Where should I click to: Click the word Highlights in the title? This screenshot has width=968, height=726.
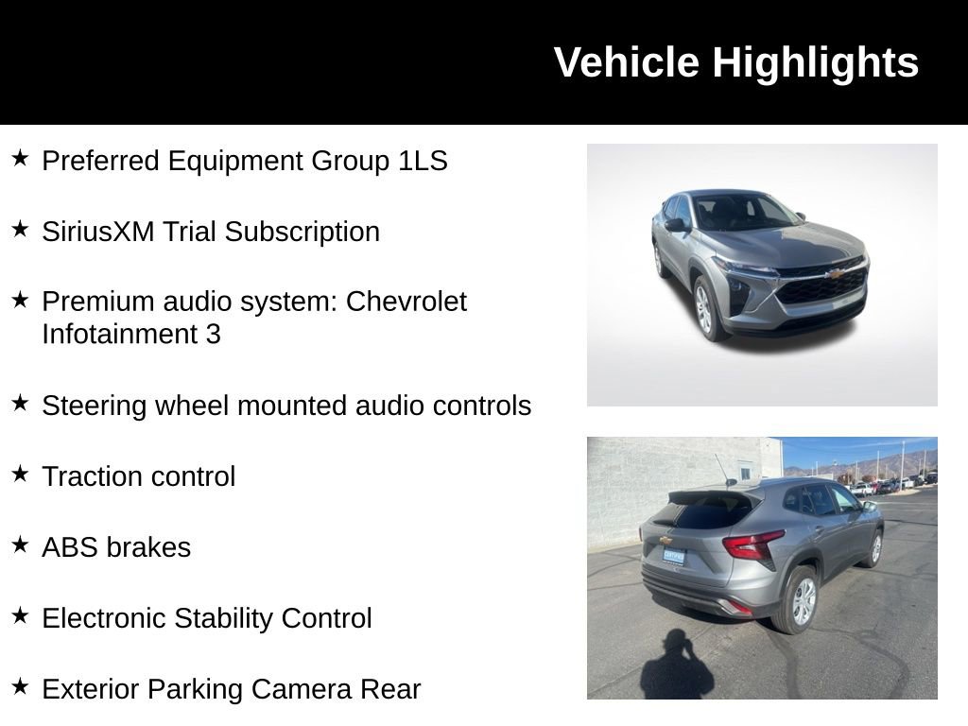pos(815,63)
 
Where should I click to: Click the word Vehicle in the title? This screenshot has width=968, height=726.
pos(627,62)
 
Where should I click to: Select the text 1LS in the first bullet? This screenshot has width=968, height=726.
pos(423,161)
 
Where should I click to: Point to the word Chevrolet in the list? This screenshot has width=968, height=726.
pos(406,302)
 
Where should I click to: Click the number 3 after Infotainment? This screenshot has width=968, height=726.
pos(213,335)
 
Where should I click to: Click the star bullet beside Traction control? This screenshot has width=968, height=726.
pos(20,474)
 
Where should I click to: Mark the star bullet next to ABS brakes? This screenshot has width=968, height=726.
pos(20,544)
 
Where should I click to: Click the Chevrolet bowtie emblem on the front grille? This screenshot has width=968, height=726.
pos(834,274)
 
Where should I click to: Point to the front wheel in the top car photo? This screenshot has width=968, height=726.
pos(705,307)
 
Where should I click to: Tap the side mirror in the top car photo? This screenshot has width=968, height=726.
pos(676,225)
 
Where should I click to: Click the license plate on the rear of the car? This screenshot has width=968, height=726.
pos(673,556)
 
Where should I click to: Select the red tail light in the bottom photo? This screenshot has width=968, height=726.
pos(752,544)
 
